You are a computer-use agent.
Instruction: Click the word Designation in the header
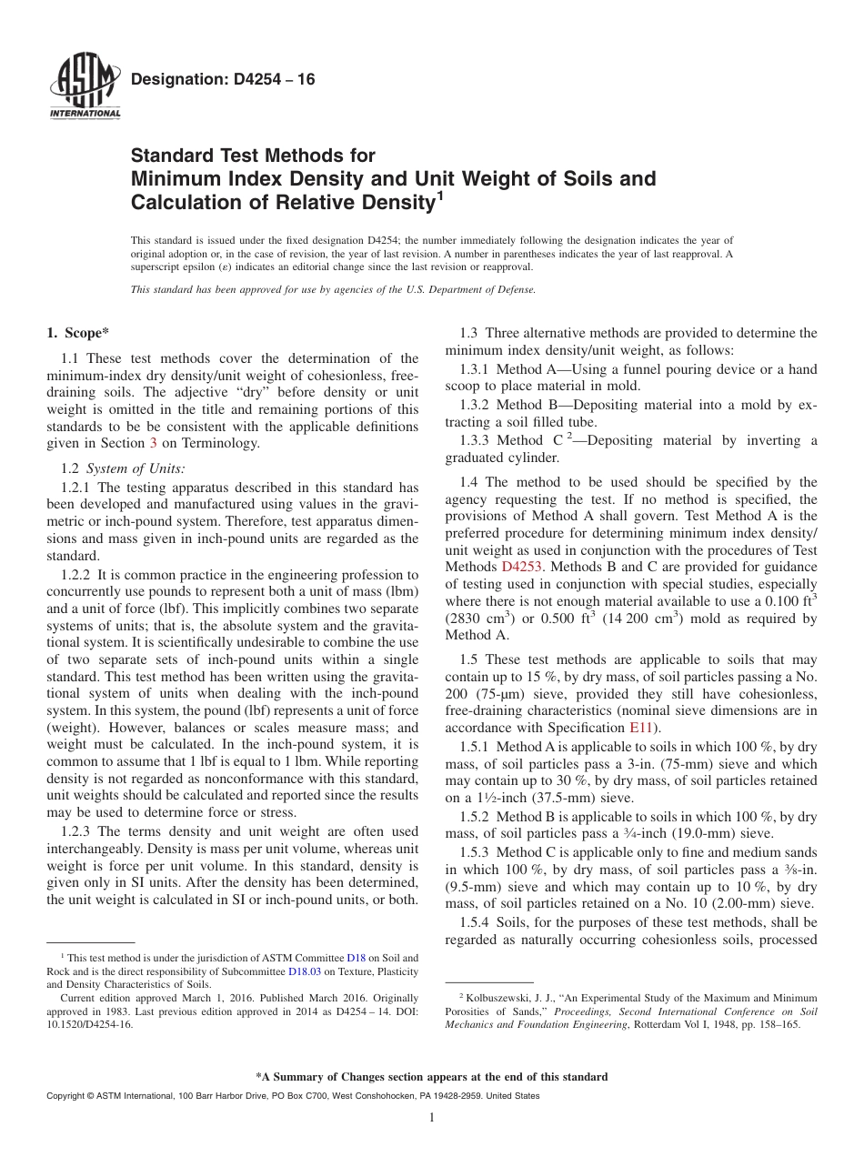(173, 80)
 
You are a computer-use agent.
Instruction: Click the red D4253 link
(522, 567)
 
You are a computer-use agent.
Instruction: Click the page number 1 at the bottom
(432, 1118)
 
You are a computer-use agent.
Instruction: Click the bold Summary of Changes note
(431, 1077)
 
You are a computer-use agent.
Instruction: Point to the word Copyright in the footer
(66, 1096)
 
